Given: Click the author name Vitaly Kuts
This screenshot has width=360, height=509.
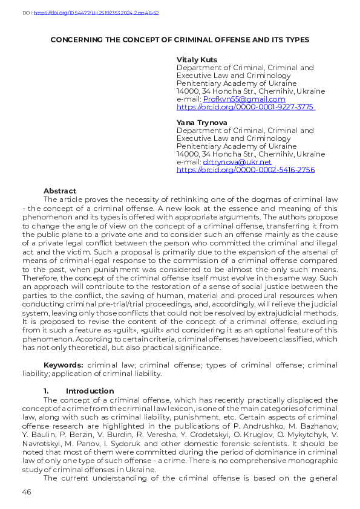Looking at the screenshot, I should (x=196, y=59).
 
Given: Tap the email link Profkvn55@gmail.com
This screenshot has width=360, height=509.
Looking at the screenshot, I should (x=244, y=99).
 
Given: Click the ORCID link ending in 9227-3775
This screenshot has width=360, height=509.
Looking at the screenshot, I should (x=245, y=107).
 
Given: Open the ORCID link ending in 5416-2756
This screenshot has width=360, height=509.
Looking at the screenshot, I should (x=245, y=170).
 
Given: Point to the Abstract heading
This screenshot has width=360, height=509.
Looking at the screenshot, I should (x=60, y=191).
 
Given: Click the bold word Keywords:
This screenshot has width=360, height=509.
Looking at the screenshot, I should (x=64, y=366).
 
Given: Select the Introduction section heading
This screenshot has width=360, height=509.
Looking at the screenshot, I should (x=90, y=391).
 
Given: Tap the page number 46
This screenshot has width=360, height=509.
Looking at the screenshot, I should (x=26, y=492).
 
